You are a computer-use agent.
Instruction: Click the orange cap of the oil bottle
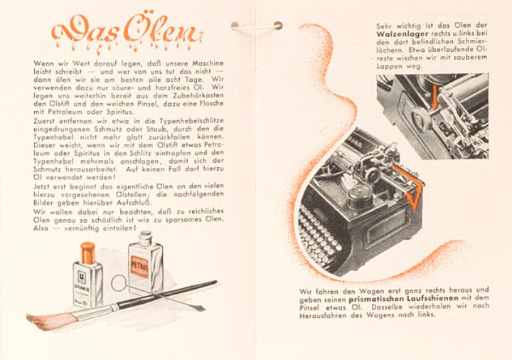coord(87,253)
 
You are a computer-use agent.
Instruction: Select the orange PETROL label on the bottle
coord(139,267)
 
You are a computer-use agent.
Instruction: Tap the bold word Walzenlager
coord(402,33)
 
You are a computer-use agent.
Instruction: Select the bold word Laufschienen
coord(432,298)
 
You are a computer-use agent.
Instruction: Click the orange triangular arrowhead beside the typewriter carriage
coord(412,199)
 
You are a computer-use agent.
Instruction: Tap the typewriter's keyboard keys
coord(320,235)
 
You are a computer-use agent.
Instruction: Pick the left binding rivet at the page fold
coord(235,24)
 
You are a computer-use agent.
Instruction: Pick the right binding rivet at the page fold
coord(278,25)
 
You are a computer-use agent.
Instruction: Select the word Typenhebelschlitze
coord(191,121)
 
